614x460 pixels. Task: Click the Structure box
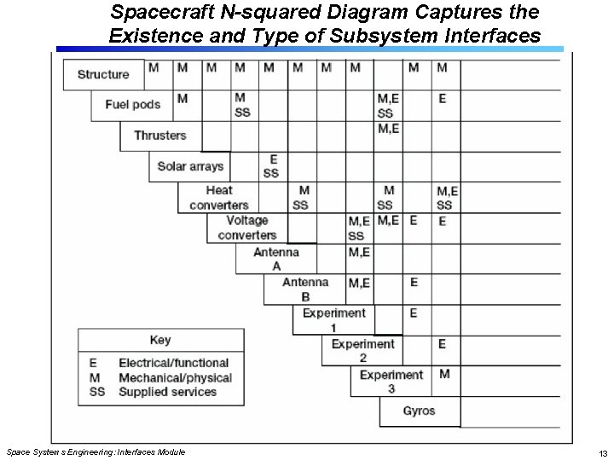[103, 74]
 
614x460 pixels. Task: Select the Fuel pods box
[132, 105]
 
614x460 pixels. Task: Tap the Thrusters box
[159, 135]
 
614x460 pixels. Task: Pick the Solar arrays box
[190, 166]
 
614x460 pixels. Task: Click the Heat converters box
[218, 198]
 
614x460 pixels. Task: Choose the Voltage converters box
[246, 227]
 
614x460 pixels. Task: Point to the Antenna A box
[275, 259]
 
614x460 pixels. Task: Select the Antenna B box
[304, 290]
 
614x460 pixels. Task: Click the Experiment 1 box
[333, 320]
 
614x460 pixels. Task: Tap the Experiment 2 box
[362, 351]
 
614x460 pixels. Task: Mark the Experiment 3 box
[391, 382]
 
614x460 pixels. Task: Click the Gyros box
[419, 411]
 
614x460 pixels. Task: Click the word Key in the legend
[160, 341]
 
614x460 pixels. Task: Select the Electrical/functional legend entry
[173, 363]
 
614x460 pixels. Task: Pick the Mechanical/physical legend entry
[175, 377]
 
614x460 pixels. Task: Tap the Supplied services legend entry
[167, 392]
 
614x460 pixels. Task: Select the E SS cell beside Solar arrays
[271, 166]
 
